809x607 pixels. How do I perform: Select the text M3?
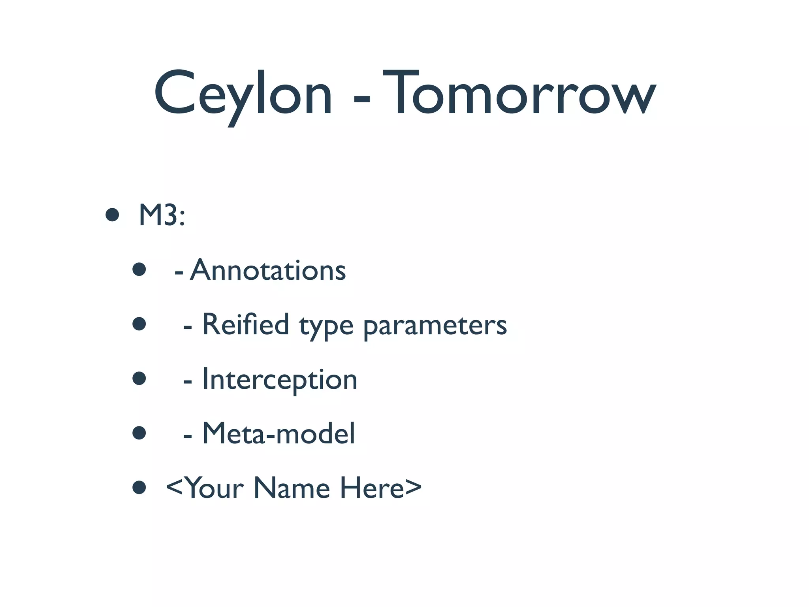[162, 216]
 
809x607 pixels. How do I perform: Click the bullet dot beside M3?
[113, 215]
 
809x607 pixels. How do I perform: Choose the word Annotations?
[268, 270]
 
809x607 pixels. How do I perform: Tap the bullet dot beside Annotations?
[139, 270]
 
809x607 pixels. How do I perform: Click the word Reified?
[246, 324]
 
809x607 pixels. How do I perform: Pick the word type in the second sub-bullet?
[326, 326]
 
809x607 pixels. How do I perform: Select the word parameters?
[435, 326]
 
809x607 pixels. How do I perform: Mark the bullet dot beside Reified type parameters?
[139, 324]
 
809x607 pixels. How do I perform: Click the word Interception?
[280, 379]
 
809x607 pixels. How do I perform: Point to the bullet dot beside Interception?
[139, 379]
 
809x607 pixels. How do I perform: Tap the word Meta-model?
[278, 434]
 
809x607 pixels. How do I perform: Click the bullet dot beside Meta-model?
[139, 433]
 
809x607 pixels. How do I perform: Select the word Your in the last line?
[215, 488]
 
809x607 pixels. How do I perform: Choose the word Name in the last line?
[292, 488]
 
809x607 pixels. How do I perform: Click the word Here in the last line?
[372, 488]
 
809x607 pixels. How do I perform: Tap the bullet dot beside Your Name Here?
[139, 487]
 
